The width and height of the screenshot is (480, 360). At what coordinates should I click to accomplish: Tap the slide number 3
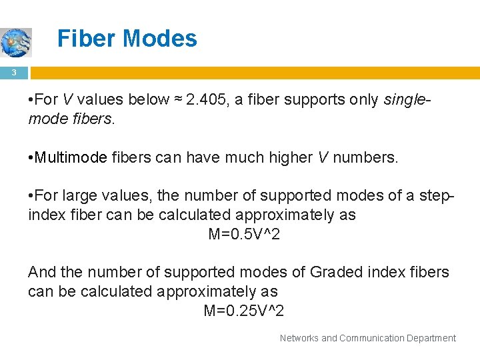(x=13, y=72)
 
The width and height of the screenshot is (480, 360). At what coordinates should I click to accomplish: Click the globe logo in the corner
(x=15, y=42)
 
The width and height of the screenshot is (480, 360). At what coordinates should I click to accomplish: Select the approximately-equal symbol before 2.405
(x=178, y=100)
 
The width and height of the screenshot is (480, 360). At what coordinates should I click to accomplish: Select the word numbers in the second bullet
(x=366, y=158)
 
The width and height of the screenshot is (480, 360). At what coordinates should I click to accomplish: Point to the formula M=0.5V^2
(x=244, y=234)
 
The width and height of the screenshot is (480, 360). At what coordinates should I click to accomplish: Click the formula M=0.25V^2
(x=244, y=311)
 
